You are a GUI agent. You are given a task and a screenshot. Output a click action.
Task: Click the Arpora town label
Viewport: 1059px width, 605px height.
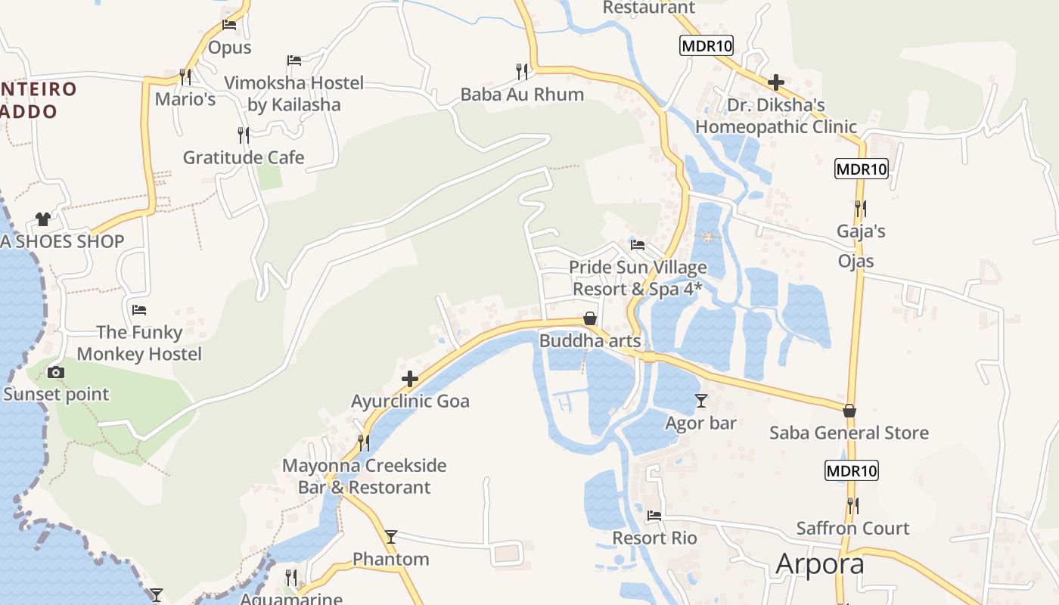pyautogui.click(x=820, y=564)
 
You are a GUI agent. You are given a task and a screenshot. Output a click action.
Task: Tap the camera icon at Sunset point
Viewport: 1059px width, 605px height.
pyautogui.click(x=55, y=372)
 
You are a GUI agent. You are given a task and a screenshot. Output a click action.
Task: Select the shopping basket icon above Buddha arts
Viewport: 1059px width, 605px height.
pyautogui.click(x=590, y=318)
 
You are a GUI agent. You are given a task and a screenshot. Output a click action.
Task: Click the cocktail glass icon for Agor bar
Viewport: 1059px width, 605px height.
pyautogui.click(x=701, y=401)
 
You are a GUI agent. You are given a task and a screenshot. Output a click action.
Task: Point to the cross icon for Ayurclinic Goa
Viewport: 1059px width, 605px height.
pyautogui.click(x=410, y=378)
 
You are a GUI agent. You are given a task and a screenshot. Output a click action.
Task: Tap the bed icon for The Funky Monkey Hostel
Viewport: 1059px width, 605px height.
pyautogui.click(x=139, y=309)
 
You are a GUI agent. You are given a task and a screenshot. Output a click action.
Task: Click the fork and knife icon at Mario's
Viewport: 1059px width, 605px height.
pyautogui.click(x=185, y=76)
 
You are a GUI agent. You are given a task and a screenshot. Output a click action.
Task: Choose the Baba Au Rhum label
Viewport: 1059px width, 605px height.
pyautogui.click(x=522, y=95)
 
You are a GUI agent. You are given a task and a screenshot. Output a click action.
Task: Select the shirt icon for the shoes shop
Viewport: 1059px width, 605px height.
pyautogui.click(x=43, y=219)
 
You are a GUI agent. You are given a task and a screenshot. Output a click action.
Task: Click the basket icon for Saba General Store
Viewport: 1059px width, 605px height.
pyautogui.click(x=849, y=411)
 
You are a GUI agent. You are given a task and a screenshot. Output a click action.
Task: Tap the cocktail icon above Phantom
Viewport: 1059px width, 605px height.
pyautogui.click(x=391, y=537)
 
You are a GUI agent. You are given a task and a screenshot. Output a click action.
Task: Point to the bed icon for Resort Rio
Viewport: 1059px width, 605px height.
pyautogui.click(x=654, y=516)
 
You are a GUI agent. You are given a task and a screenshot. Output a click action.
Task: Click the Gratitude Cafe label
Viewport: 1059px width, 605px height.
pyautogui.click(x=244, y=158)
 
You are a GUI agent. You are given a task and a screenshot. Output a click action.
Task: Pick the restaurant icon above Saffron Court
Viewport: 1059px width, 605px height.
pyautogui.click(x=852, y=505)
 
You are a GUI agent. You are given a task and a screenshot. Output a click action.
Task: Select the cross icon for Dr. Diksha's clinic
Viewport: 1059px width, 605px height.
pyautogui.click(x=775, y=82)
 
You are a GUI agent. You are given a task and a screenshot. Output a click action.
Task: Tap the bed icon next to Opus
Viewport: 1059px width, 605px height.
pyautogui.click(x=229, y=25)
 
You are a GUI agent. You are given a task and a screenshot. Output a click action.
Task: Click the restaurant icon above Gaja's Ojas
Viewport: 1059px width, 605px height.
pyautogui.click(x=860, y=208)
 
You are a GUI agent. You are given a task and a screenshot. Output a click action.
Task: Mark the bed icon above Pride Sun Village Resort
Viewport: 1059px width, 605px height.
pyautogui.click(x=638, y=245)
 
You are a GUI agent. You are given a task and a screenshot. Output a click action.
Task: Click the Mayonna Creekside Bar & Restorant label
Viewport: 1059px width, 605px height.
pyautogui.click(x=364, y=476)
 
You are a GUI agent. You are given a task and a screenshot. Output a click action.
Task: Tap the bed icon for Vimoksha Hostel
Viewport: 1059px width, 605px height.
pyautogui.click(x=294, y=60)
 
